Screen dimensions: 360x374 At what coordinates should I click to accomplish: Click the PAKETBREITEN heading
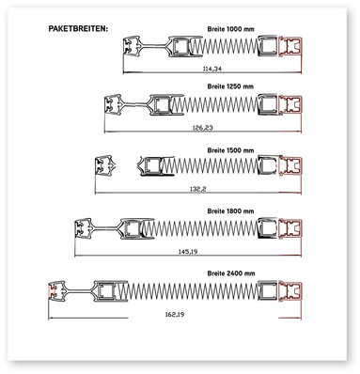pos(78,28)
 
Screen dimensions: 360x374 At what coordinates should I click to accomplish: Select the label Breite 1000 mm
pos(230,29)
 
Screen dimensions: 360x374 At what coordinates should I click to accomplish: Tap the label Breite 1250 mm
pos(230,86)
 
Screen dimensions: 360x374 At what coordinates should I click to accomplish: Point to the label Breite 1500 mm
pos(230,150)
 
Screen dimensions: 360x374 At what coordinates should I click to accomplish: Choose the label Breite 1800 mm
pos(230,211)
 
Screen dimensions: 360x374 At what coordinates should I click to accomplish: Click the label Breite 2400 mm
pos(231,273)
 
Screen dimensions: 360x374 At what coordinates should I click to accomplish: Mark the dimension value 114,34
pos(212,69)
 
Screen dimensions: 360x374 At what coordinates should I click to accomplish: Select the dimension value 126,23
pos(202,128)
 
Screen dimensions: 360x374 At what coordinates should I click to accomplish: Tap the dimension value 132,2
pos(198,189)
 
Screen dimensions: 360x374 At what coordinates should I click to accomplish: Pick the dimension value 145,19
pos(188,251)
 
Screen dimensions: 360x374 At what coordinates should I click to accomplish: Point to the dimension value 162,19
pos(175,314)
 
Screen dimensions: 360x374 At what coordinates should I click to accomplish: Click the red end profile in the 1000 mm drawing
pos(290,47)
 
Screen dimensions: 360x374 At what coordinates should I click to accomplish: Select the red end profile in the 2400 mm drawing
pos(290,291)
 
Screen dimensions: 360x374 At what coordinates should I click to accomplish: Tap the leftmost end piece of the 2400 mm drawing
pos(56,291)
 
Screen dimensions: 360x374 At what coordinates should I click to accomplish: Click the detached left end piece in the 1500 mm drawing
pos(105,164)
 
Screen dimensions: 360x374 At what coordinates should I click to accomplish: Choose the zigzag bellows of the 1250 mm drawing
pos(215,104)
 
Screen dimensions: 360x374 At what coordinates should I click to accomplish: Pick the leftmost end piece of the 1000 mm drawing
pos(132,46)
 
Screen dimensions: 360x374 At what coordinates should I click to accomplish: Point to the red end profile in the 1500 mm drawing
pos(290,165)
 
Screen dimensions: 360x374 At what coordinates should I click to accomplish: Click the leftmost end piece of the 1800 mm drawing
pos(84,228)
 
